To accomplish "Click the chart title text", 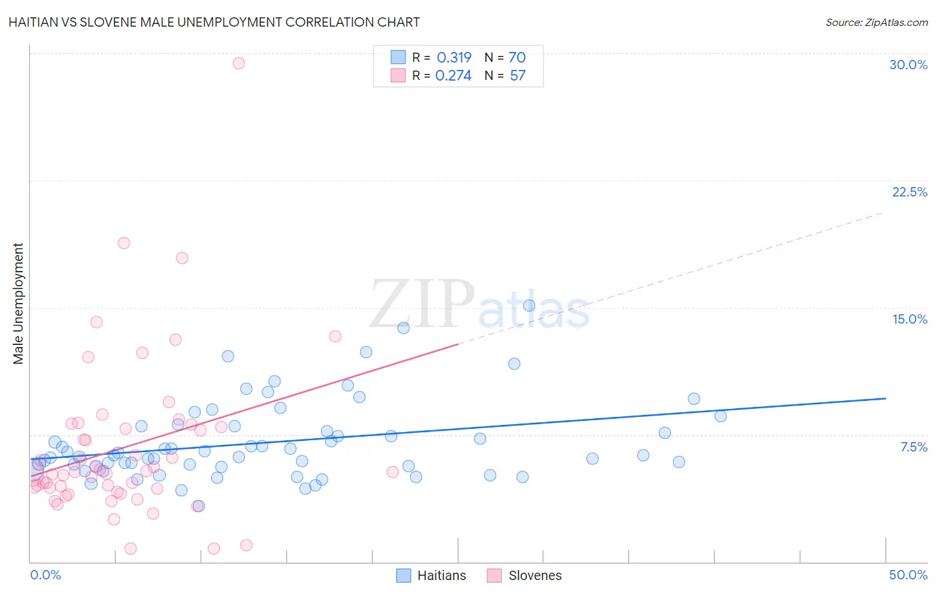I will (214, 22).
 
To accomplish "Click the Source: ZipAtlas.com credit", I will (876, 22).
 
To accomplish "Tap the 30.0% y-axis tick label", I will (908, 65).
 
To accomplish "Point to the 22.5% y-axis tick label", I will (909, 192).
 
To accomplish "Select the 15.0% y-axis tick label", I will (909, 319).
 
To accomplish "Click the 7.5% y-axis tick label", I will (913, 447).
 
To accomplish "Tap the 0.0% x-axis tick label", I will (45, 575).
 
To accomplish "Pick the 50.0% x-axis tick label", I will (908, 575).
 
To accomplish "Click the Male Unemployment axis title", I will (19, 304).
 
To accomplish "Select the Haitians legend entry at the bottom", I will (441, 575).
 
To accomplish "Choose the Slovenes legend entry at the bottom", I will (535, 575).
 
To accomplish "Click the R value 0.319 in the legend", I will (454, 57).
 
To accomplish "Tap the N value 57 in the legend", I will (517, 75).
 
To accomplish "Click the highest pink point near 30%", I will (239, 63).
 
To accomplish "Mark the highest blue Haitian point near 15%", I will (529, 306).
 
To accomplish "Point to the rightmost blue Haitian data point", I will (720, 416).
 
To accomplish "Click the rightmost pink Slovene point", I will (393, 472).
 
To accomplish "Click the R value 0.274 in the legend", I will (453, 75).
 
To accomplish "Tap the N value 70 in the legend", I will (517, 57).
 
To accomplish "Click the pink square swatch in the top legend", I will (398, 75).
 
